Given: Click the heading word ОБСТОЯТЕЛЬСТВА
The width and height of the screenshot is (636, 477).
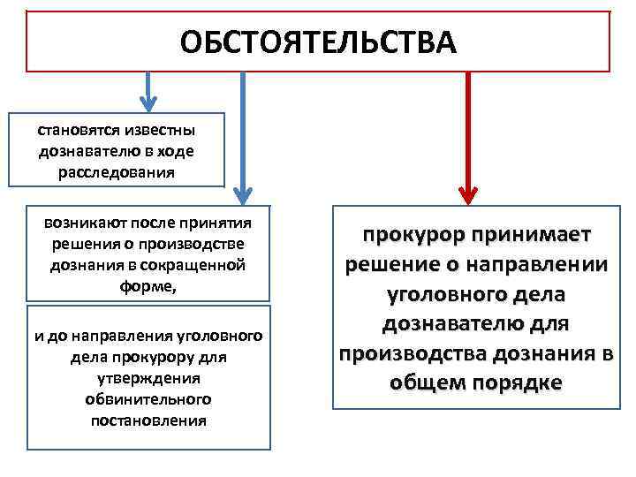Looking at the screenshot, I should pyautogui.click(x=318, y=42).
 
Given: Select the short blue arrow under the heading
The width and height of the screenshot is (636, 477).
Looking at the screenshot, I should pyautogui.click(x=149, y=92).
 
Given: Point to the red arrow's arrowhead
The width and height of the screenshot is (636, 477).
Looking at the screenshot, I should pyautogui.click(x=469, y=193).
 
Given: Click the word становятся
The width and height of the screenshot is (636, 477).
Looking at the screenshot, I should pyautogui.click(x=75, y=131).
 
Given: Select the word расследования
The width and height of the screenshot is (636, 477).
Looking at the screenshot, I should pyautogui.click(x=117, y=171).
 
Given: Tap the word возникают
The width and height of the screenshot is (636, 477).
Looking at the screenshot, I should pyautogui.click(x=80, y=223).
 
